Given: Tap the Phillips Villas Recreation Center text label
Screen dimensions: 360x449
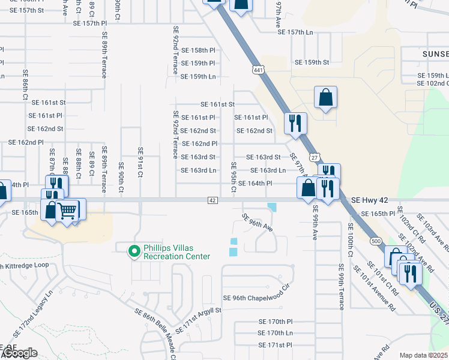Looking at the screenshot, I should point(176,252).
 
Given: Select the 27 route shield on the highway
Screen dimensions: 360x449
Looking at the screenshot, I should point(314,157).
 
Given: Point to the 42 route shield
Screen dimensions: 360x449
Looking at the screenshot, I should point(212,200).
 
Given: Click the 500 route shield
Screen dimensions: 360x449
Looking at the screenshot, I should point(376,241).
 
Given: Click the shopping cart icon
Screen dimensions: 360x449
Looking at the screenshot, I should point(68,210).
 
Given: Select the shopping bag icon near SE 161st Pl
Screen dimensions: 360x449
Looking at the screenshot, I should point(325,98).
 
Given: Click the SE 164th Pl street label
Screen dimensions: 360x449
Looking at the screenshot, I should point(256,184).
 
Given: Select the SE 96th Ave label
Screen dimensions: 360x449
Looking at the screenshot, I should point(258,223).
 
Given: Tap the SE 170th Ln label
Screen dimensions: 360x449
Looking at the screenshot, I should point(275,333).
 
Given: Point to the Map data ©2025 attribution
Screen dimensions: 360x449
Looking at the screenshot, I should point(423,355).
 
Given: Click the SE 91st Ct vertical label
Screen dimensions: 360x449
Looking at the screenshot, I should point(140,161).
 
